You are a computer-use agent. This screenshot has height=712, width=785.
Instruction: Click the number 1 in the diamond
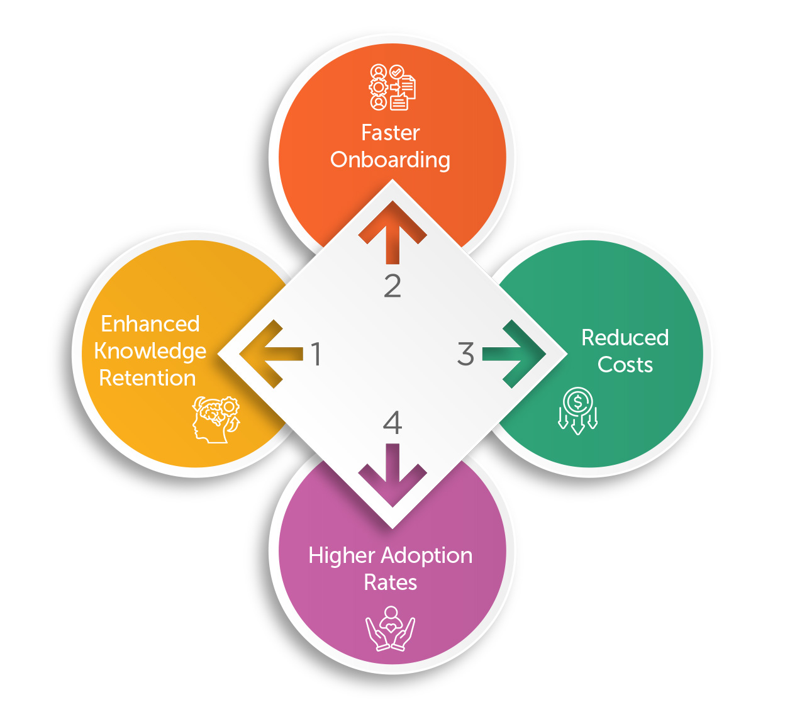pos(316,354)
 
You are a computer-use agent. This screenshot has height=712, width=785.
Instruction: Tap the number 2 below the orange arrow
pos(392,286)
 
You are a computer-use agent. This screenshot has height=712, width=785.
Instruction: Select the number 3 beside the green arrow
pos(465,354)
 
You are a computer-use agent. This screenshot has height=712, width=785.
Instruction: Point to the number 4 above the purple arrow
pos(392,423)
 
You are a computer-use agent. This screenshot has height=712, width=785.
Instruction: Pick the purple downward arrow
pos(392,476)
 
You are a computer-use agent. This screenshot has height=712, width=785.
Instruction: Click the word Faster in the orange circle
pos(391,133)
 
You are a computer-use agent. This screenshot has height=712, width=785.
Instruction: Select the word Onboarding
pos(391,160)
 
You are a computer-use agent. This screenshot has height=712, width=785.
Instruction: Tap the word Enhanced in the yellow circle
pos(150,324)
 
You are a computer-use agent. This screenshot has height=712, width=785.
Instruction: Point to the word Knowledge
pos(150,352)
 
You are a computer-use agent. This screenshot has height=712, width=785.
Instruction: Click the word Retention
pos(148,378)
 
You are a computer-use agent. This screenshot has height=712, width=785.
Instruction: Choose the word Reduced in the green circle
pos(625,338)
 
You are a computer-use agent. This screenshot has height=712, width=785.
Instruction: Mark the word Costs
pos(625,365)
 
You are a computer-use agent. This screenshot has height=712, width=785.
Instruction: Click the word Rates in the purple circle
pos(391,582)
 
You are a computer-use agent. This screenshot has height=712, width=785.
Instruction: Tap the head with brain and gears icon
pos(216,419)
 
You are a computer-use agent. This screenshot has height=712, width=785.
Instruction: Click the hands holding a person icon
pos(391,628)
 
